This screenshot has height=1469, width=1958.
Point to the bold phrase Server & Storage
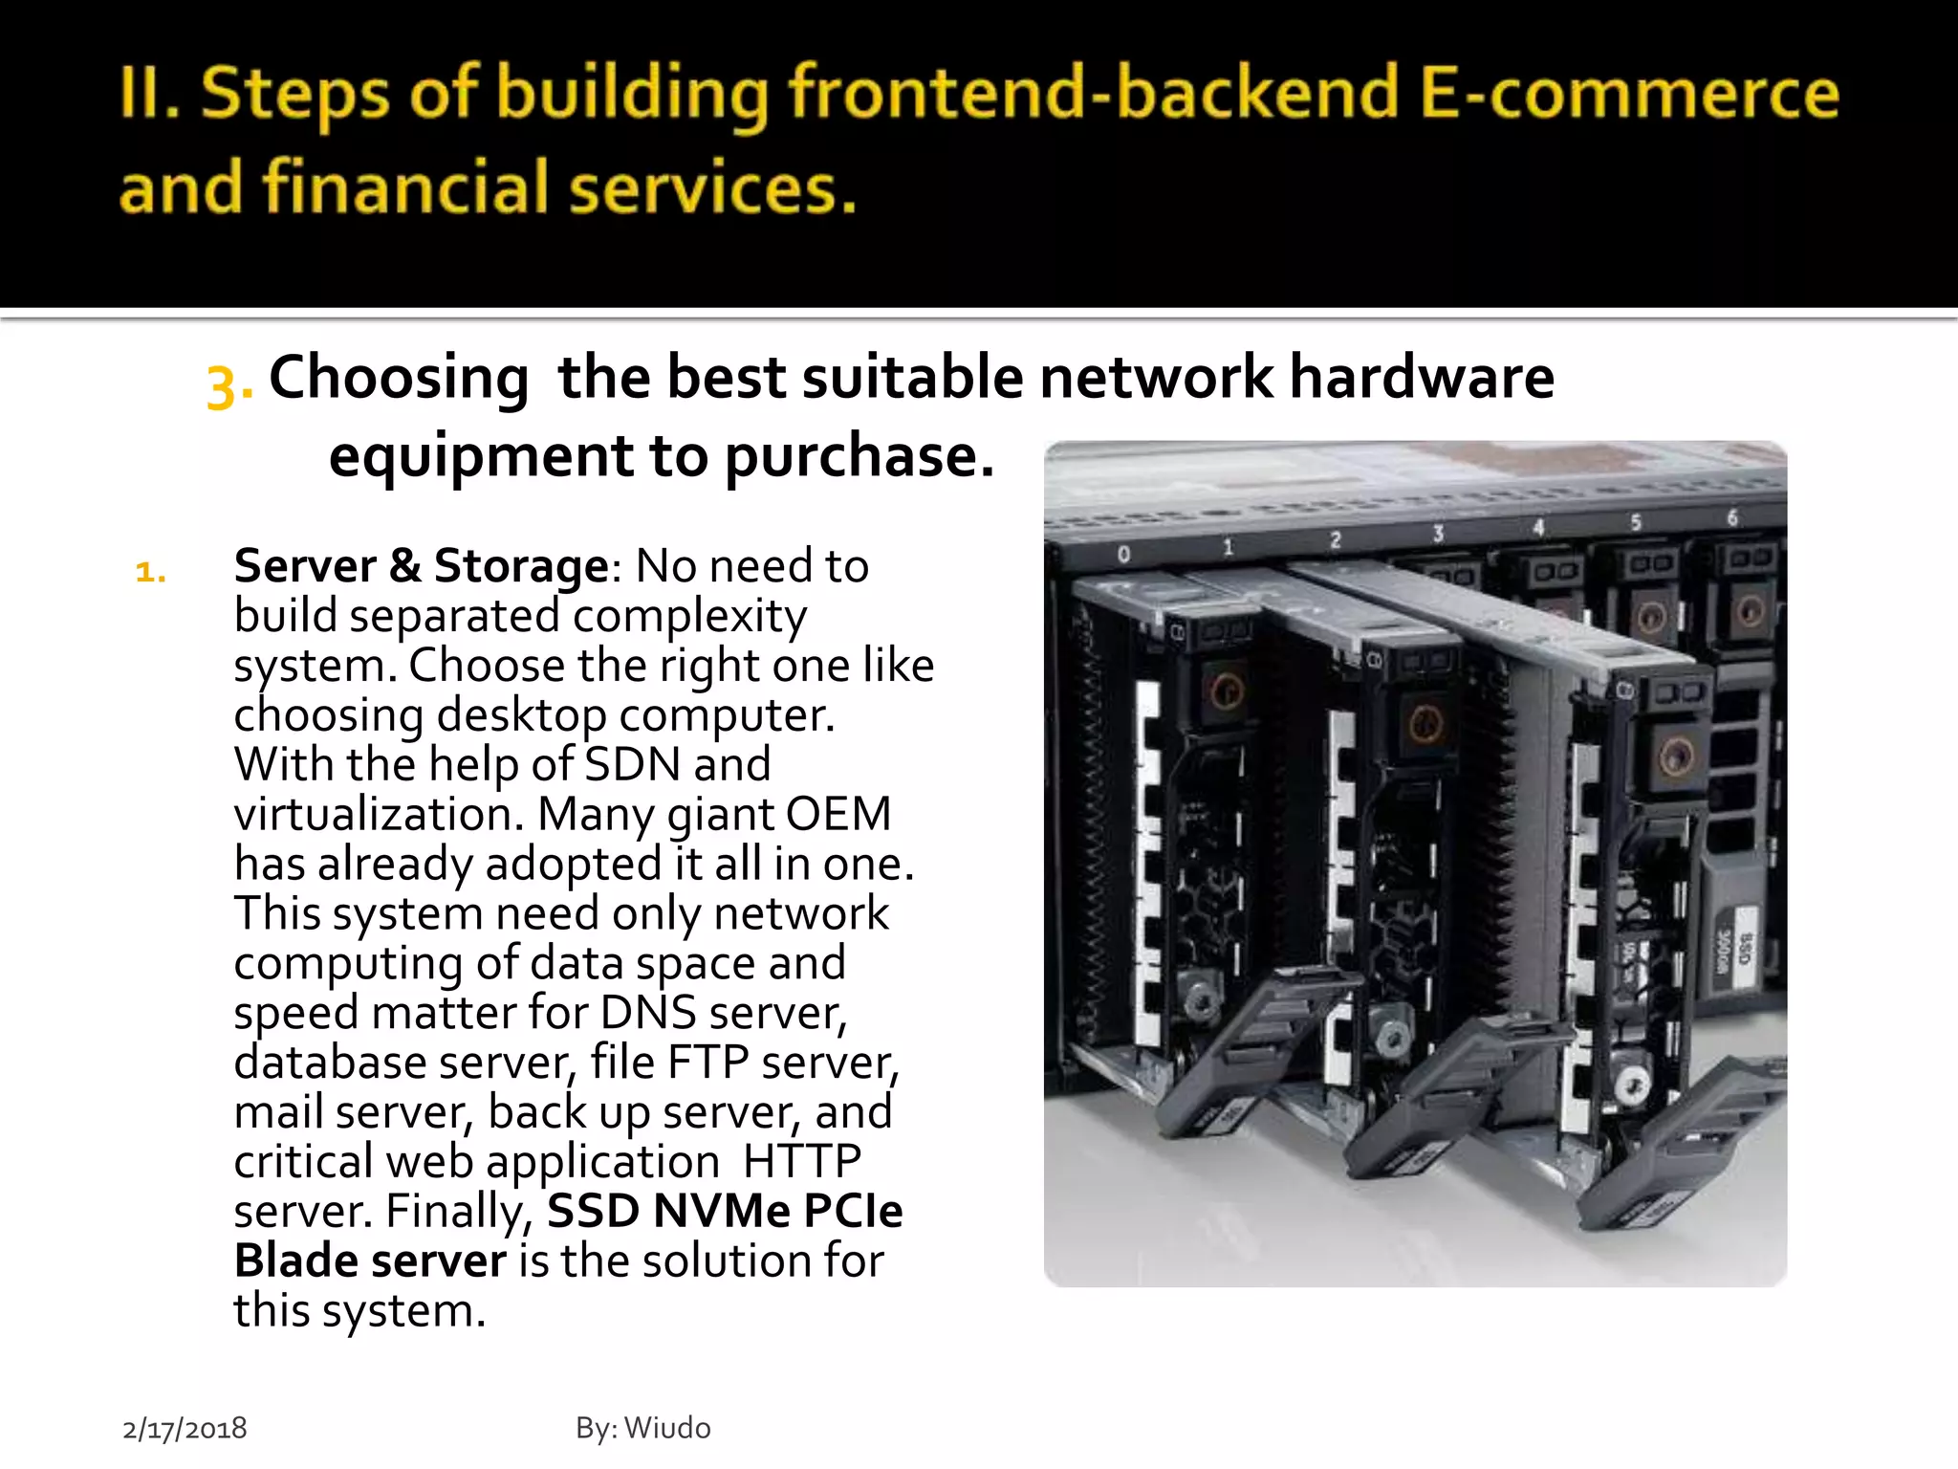(421, 565)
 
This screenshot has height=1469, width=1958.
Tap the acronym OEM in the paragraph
(838, 814)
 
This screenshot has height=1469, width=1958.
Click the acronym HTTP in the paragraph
(801, 1161)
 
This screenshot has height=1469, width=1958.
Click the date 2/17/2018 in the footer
(185, 1429)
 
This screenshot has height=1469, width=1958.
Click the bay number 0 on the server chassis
(1124, 554)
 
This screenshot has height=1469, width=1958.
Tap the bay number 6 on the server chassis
(1731, 517)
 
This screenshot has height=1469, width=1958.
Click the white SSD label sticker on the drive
(1731, 957)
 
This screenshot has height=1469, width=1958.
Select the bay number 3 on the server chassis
(1437, 534)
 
